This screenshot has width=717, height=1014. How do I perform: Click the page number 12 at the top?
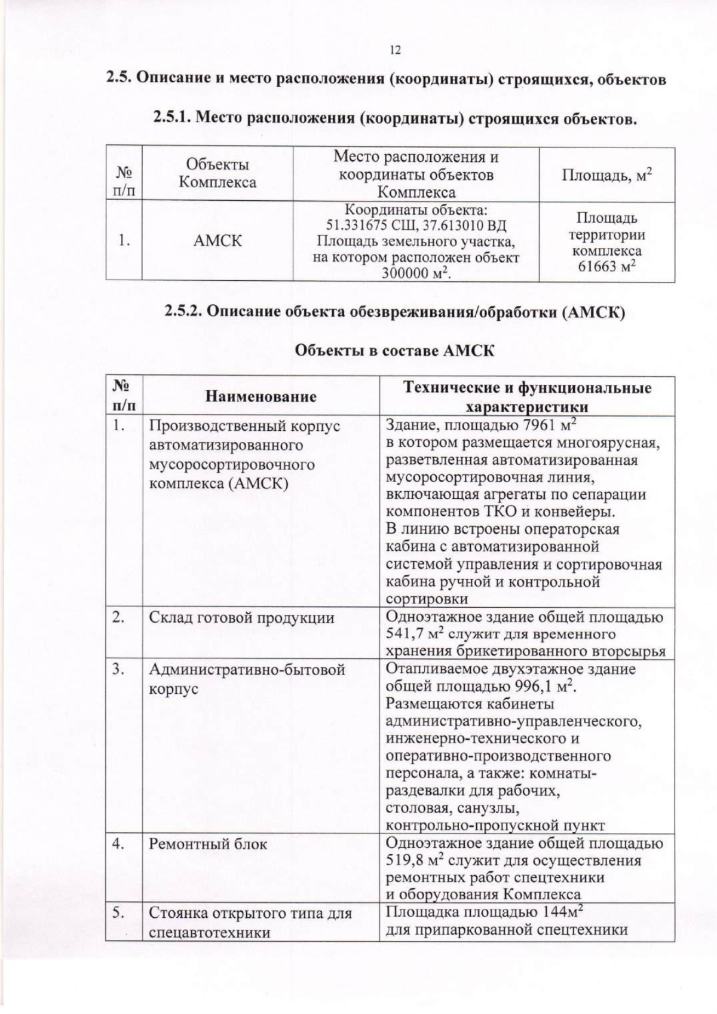[395, 50]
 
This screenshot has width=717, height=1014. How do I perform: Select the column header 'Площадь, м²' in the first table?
[606, 174]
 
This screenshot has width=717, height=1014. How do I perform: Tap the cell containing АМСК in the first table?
[217, 241]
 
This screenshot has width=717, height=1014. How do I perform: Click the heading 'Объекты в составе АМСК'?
[395, 351]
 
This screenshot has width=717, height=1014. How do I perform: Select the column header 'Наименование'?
[261, 397]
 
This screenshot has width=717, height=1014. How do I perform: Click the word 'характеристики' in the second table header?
[526, 407]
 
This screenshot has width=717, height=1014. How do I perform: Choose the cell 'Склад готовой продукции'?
[241, 618]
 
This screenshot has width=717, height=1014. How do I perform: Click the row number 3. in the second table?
[118, 669]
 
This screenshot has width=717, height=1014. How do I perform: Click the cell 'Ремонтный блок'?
[208, 844]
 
